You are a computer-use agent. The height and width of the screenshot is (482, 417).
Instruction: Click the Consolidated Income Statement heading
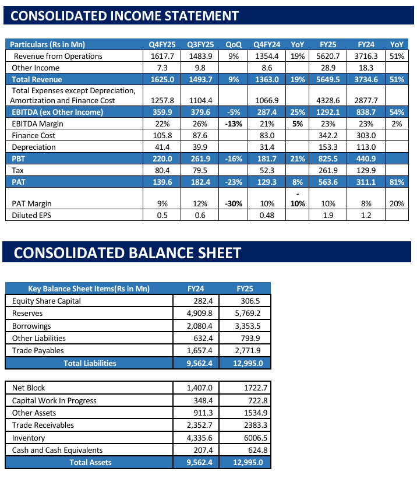tap(125, 16)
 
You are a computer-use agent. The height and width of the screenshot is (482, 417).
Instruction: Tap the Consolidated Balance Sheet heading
tap(127, 252)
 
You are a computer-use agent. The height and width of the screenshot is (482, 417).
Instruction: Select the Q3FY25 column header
tap(200, 44)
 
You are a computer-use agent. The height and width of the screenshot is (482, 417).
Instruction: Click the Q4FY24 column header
tap(267, 44)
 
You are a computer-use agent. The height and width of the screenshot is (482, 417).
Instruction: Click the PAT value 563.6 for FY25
tap(328, 182)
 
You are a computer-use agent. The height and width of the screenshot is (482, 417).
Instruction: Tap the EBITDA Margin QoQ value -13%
tap(234, 124)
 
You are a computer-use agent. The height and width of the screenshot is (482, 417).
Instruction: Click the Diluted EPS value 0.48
tap(267, 215)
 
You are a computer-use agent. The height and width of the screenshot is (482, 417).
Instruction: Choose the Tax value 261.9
tap(328, 170)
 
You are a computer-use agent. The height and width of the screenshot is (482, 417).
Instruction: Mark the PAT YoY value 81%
tap(397, 182)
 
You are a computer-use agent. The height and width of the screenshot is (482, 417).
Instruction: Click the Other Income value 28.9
tap(328, 68)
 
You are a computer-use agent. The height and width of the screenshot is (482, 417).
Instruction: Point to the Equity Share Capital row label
tap(47, 301)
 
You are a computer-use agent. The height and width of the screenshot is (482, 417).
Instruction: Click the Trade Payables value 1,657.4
tap(200, 350)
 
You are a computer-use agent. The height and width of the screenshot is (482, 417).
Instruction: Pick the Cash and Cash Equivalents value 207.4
tap(202, 450)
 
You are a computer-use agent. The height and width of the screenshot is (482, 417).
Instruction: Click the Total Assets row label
tap(90, 462)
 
